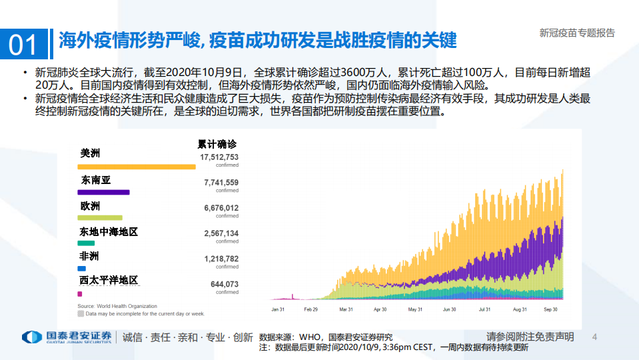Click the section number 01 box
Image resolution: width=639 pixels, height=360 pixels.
click(23, 43)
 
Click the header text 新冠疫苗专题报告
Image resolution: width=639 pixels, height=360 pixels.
click(576, 33)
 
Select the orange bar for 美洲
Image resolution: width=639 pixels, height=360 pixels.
click(137, 167)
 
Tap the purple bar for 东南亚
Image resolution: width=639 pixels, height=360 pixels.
click(103, 192)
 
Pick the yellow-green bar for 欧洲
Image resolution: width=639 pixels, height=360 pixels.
click(100, 217)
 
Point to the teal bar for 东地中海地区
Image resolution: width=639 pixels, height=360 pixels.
click(86, 243)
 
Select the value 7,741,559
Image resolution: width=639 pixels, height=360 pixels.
click(221, 182)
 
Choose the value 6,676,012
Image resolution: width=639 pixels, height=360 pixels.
click(221, 207)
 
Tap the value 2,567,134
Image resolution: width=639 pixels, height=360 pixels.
click(221, 233)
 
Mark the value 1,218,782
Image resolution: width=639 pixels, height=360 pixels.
click(221, 258)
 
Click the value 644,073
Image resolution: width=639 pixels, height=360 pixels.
click(224, 283)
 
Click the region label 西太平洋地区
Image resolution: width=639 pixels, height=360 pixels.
click(109, 280)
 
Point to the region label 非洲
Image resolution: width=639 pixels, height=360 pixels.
click(89, 256)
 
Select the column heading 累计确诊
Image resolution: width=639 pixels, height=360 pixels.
click(217, 144)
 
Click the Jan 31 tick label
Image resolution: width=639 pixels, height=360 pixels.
click(279, 309)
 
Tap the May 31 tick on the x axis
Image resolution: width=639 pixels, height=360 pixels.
click(414, 309)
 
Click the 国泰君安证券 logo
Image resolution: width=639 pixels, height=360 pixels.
click(67, 337)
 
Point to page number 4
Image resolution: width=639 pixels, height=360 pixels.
click(595, 337)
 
